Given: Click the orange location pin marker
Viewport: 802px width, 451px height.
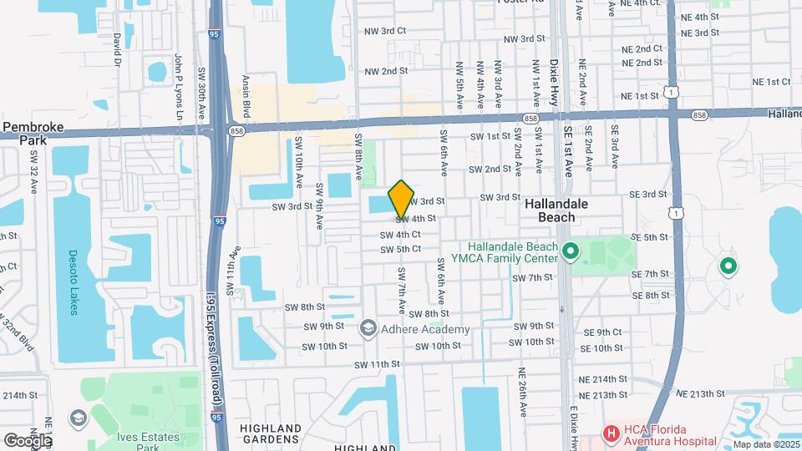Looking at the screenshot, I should (x=401, y=199).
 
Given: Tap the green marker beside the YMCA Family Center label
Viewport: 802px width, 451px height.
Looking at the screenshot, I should (x=571, y=251).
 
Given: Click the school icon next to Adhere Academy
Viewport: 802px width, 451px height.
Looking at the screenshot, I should (x=368, y=329).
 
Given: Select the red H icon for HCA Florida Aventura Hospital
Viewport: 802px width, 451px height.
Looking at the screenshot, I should (x=612, y=433).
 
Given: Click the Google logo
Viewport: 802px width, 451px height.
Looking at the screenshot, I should (x=27, y=439).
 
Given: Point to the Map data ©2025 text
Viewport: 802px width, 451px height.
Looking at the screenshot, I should (x=765, y=444).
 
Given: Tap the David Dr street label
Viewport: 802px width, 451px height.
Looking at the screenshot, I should (x=118, y=50).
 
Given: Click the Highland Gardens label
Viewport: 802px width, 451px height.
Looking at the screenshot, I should (x=269, y=433).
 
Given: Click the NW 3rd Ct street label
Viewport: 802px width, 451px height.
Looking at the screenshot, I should (x=384, y=30).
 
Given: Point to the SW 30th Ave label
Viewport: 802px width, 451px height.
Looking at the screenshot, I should (x=202, y=92).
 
